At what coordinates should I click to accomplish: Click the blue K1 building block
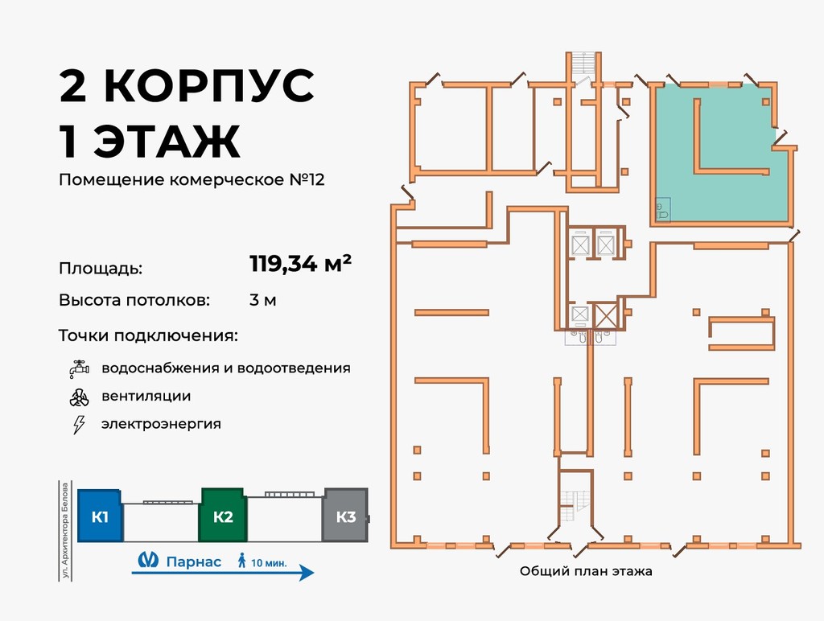click(x=100, y=516)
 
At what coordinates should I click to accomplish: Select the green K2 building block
click(x=223, y=516)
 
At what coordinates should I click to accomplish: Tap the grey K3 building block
click(x=345, y=516)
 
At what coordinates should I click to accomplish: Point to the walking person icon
click(x=241, y=561)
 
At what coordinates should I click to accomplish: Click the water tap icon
click(x=78, y=369)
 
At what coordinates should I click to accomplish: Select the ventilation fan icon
click(x=78, y=397)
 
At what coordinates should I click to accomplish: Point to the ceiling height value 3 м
click(x=263, y=301)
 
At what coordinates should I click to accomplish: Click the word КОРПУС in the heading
click(x=210, y=86)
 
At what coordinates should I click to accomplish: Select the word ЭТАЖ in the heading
click(x=167, y=142)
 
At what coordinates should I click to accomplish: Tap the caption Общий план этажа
click(x=586, y=572)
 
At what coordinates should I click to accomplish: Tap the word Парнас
click(x=193, y=561)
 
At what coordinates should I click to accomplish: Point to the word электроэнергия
click(x=161, y=424)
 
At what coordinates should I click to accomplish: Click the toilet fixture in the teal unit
click(x=661, y=211)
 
